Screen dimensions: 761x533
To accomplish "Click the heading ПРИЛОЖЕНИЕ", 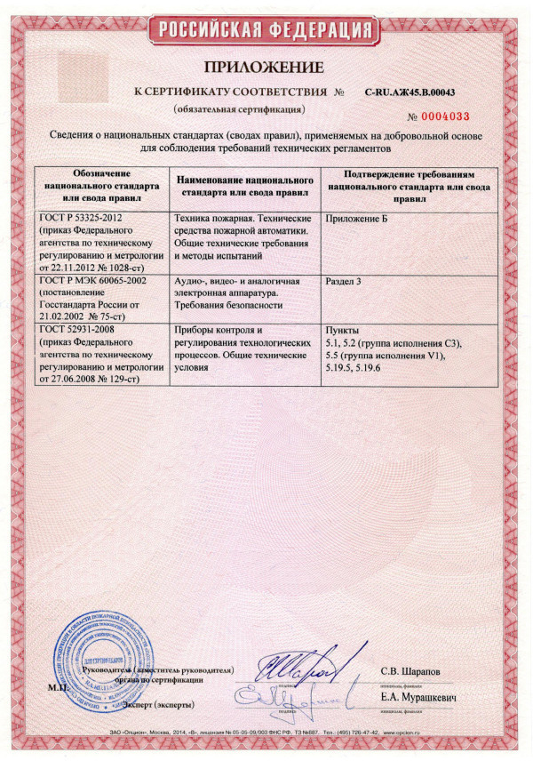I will (266, 68).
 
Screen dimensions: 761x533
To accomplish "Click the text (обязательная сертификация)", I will (240, 108).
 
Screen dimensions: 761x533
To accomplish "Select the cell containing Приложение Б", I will (357, 219).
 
